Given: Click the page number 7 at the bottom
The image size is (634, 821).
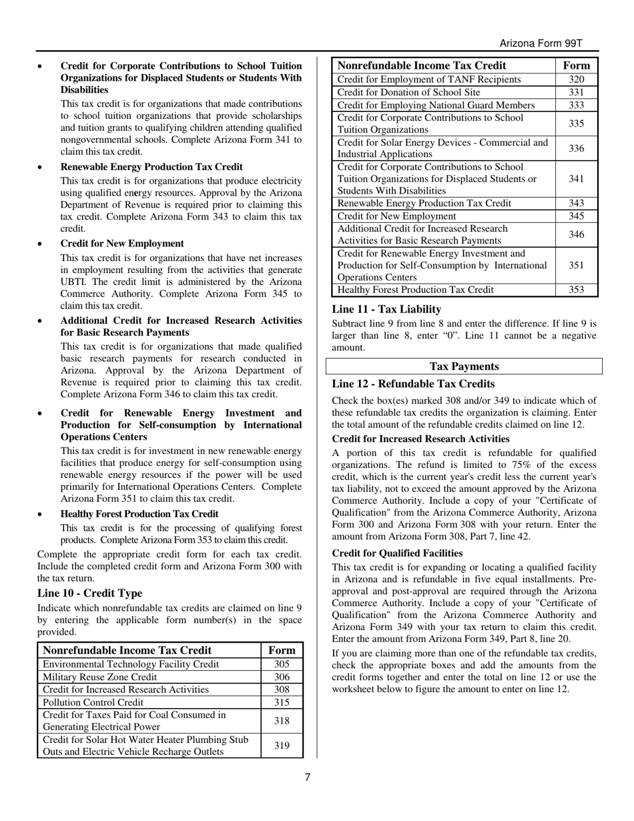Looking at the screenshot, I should pos(308,776).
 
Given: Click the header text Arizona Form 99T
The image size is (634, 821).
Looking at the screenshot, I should pos(541,43).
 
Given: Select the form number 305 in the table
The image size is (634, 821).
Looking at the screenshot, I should pos(282,664).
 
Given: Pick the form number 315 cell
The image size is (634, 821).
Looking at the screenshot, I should pos(282,702).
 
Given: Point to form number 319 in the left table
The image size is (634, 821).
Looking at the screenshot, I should pos(282,746).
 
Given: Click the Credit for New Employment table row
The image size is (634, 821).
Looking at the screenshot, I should pos(397,216).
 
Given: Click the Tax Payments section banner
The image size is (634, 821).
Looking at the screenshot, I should pos(464,366).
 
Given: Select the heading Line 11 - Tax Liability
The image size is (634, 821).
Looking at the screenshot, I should pos(386,309).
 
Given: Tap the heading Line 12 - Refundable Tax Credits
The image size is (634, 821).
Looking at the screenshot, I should pos(413,384).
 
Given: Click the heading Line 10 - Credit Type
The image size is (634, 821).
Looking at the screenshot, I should pos(89,593).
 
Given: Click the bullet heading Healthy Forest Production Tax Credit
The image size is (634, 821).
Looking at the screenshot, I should pos(139,514).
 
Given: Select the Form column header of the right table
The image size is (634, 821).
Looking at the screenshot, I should pos(577,65).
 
